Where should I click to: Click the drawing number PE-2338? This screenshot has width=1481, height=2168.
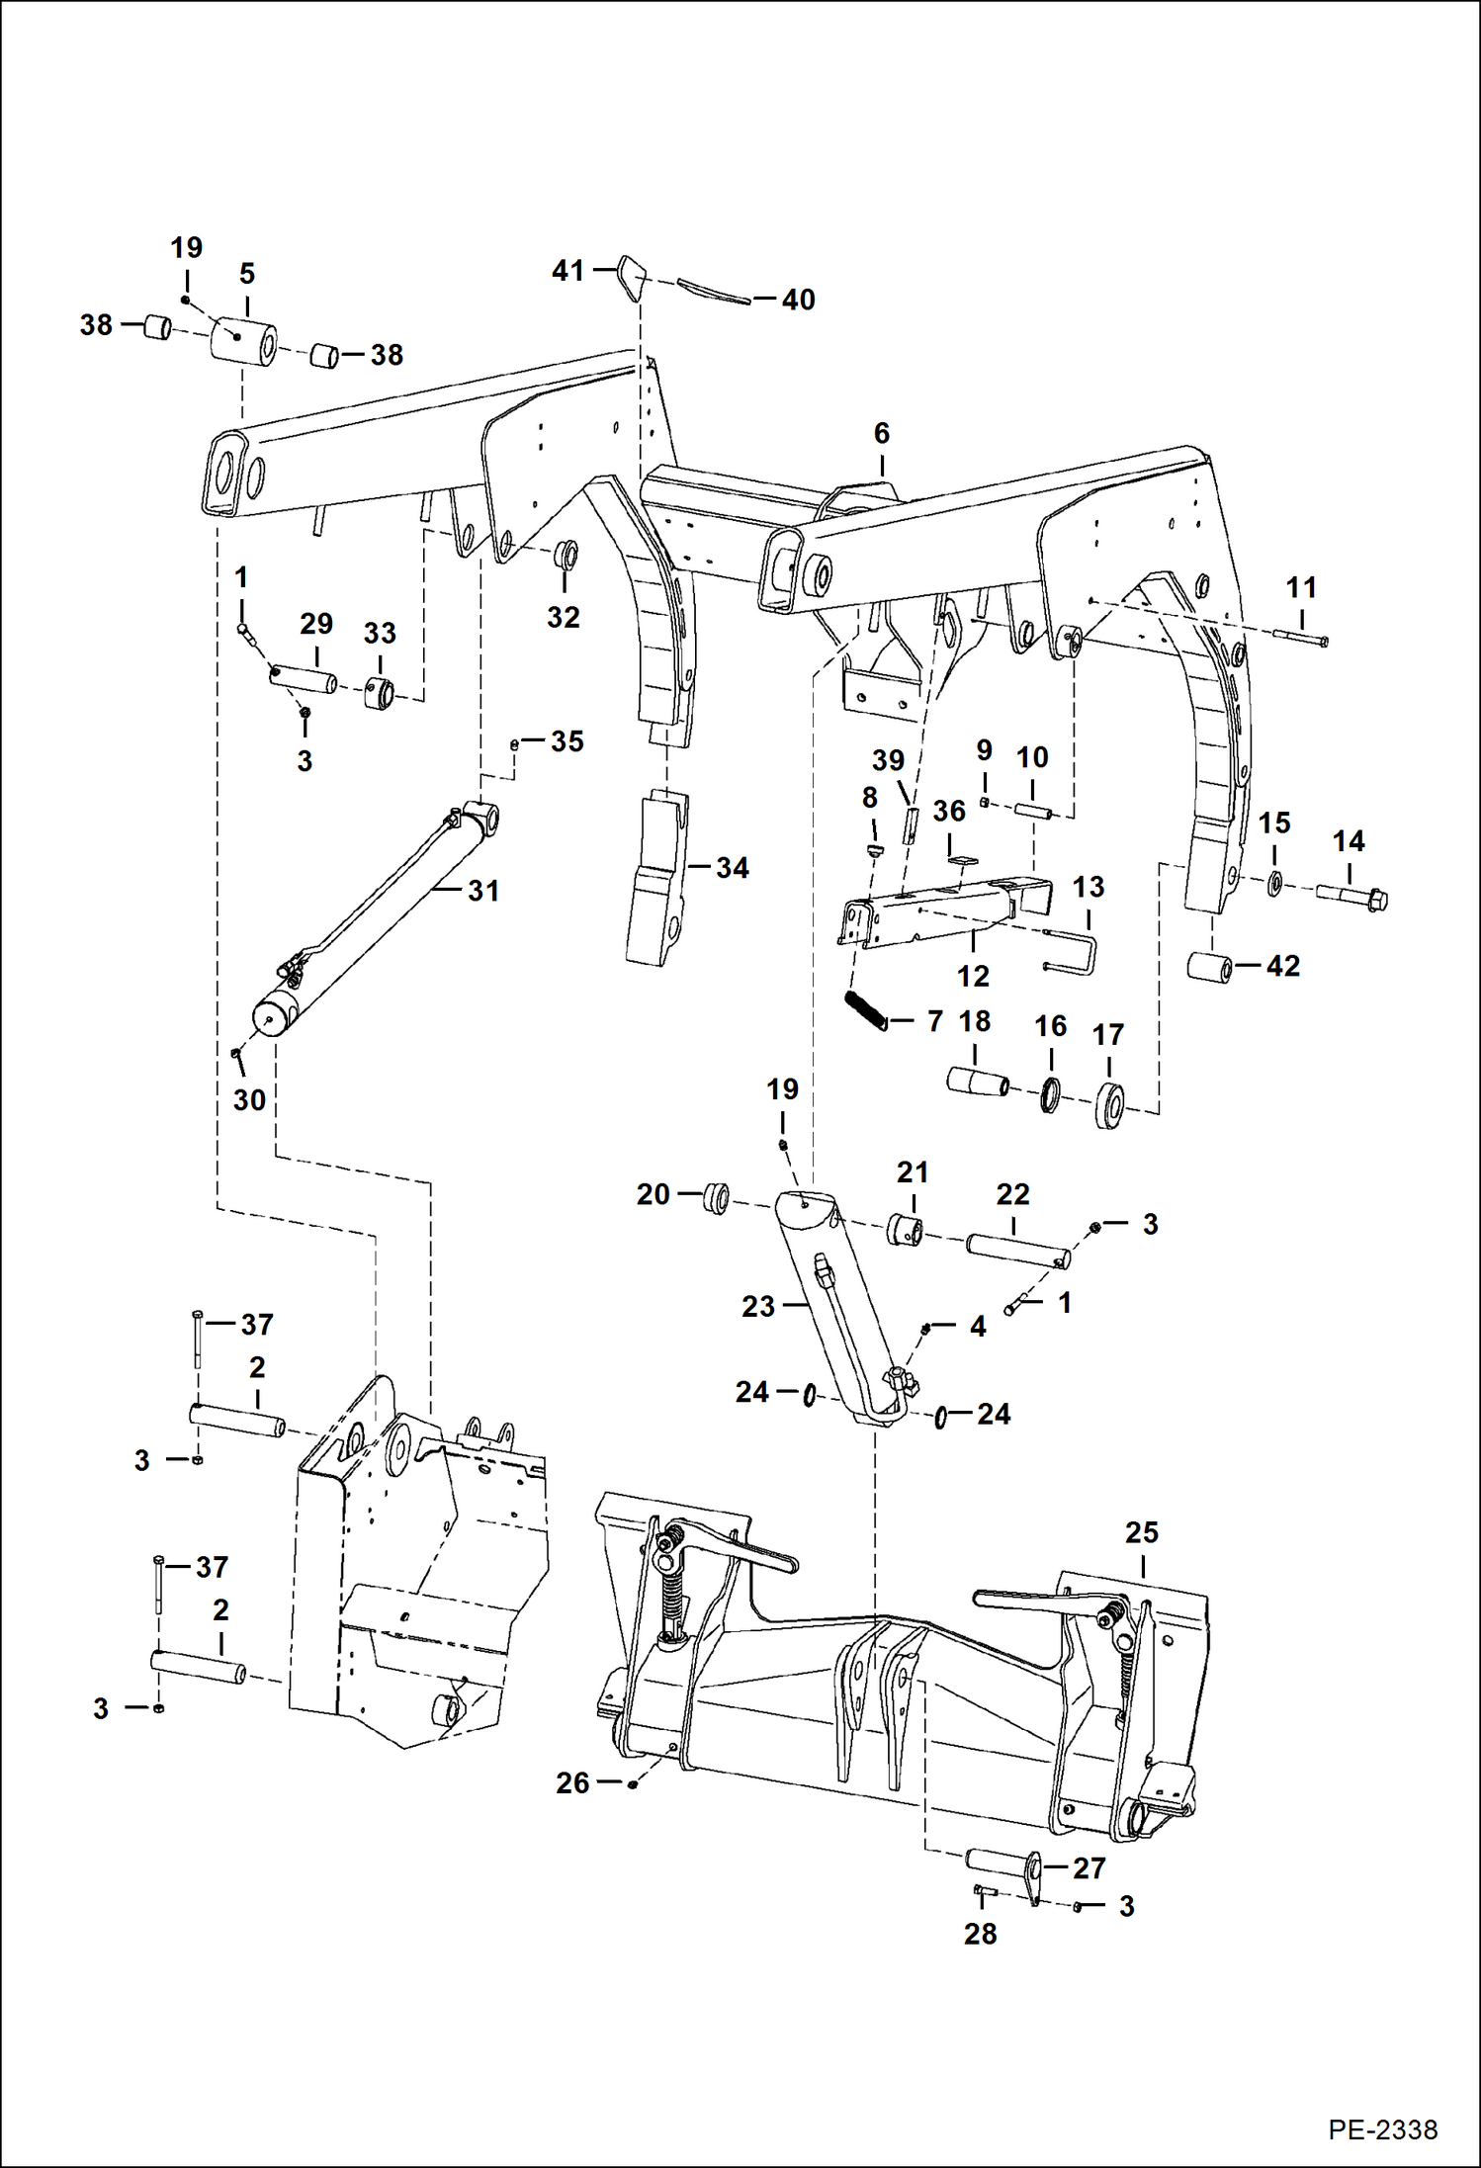[x=1382, y=2128]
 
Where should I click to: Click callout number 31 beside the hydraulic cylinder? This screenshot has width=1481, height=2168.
[x=483, y=891]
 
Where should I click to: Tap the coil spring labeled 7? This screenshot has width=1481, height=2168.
[x=866, y=1011]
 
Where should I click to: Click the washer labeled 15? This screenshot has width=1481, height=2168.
[x=1274, y=883]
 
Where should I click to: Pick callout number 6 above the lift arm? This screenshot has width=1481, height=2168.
[x=881, y=433]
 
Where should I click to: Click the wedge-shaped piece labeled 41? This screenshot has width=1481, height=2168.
[x=631, y=276]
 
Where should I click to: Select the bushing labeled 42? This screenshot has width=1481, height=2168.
[x=1210, y=966]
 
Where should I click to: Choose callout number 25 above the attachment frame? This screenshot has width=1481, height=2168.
[x=1141, y=1532]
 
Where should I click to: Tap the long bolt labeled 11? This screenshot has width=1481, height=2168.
[x=1301, y=637]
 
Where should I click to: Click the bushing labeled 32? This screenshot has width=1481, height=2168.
[x=566, y=554]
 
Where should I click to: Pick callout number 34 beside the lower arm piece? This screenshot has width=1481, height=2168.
[x=732, y=868]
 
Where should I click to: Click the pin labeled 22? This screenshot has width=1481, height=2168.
[x=1016, y=1250]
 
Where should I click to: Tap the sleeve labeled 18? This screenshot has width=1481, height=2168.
[x=977, y=1082]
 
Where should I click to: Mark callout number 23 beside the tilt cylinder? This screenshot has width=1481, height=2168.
[x=757, y=1306]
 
